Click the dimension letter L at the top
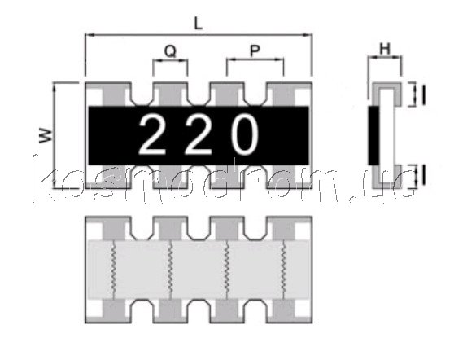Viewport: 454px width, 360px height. pyautogui.click(x=198, y=24)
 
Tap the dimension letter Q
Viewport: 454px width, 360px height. pyautogui.click(x=170, y=51)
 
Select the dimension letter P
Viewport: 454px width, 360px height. pyautogui.click(x=255, y=50)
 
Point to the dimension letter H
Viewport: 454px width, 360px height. pyautogui.click(x=385, y=49)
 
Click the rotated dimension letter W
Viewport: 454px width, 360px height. pyautogui.click(x=46, y=135)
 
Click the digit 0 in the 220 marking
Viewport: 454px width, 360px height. pyautogui.click(x=245, y=134)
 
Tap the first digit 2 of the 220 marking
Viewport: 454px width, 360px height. pyautogui.click(x=152, y=134)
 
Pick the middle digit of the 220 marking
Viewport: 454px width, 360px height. pyautogui.click(x=199, y=134)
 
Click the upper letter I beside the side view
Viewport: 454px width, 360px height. pyautogui.click(x=424, y=94)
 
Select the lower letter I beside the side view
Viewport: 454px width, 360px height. pyautogui.click(x=424, y=175)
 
